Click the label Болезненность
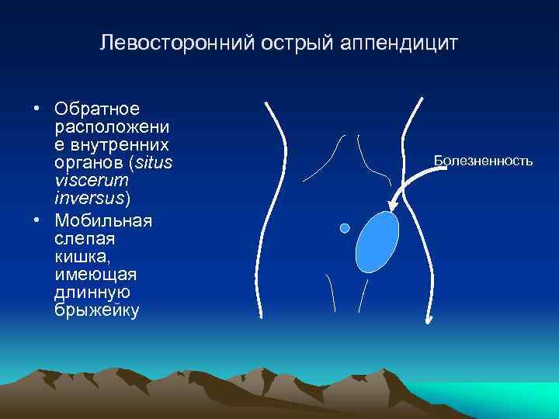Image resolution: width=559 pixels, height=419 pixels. coord(483,161)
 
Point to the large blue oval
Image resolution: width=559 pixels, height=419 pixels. coord(377,241)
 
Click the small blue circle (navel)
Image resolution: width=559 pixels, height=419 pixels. coord(345,228)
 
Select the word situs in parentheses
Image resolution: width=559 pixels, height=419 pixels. coord(154,161)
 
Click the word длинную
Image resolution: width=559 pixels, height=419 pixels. coord(92,293)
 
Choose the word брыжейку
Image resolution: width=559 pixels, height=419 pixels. coord(97,310)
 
